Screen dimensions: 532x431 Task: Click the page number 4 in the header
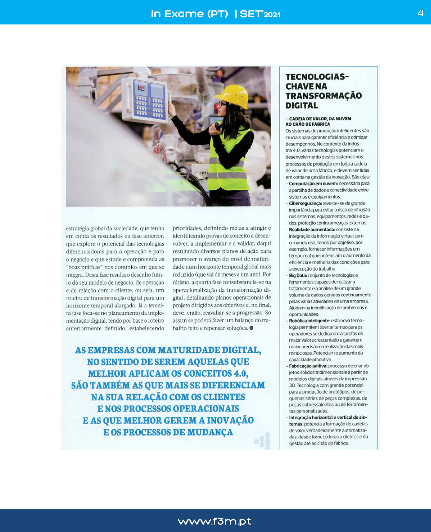420,13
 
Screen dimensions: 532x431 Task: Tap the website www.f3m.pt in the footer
215,521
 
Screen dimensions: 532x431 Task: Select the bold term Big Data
298,276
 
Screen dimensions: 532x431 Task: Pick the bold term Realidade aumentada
312,229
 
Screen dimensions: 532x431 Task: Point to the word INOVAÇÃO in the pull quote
230,420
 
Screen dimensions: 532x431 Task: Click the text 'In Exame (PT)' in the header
189,14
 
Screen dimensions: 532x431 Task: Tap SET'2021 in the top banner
260,14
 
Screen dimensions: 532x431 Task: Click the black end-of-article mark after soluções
251,328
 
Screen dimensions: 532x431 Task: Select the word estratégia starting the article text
77,228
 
